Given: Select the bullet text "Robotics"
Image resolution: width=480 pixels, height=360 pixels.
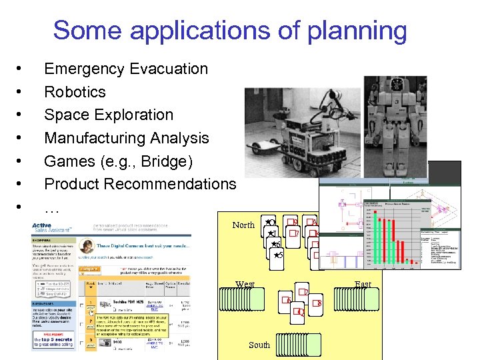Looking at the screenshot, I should pyautogui.click(x=75, y=92).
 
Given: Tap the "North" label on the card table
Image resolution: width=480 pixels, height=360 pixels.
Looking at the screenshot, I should pyautogui.click(x=243, y=225).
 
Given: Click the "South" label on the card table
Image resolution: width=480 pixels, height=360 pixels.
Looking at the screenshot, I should pyautogui.click(x=259, y=345).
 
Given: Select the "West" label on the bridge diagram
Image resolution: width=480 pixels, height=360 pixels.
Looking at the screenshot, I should pyautogui.click(x=245, y=285).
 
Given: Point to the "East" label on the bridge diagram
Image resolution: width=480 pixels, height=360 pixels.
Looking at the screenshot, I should pyautogui.click(x=363, y=285).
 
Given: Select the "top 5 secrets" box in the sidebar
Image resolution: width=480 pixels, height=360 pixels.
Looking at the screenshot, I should pyautogui.click(x=55, y=341).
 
